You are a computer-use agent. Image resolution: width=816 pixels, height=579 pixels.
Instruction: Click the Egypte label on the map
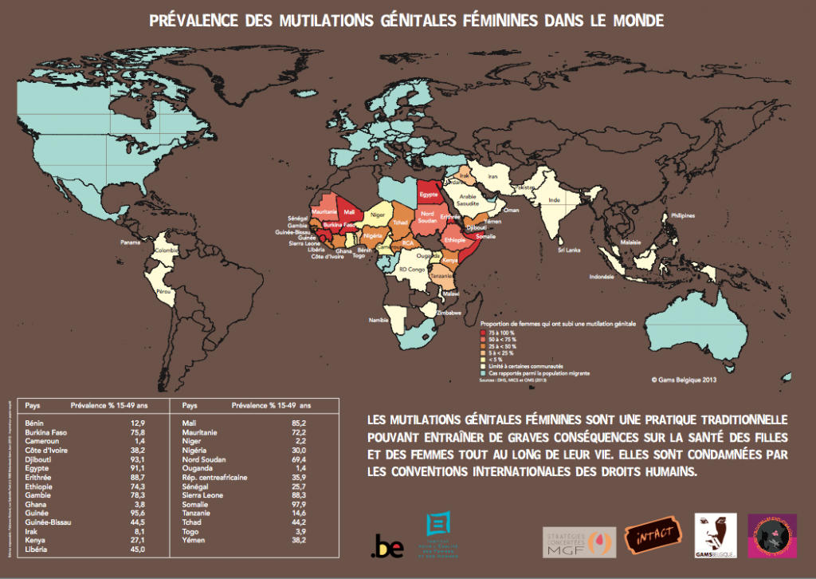[x=430, y=194]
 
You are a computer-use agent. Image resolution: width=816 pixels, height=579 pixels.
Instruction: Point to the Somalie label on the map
[x=484, y=236]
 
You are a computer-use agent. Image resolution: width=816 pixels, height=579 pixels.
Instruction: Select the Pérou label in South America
[x=165, y=293]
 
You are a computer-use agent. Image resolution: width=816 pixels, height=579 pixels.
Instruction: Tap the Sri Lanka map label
[x=568, y=250]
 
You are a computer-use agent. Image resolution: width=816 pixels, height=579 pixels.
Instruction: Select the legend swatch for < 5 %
[x=482, y=359]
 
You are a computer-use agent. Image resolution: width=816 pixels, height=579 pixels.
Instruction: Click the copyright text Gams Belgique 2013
[x=684, y=380]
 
